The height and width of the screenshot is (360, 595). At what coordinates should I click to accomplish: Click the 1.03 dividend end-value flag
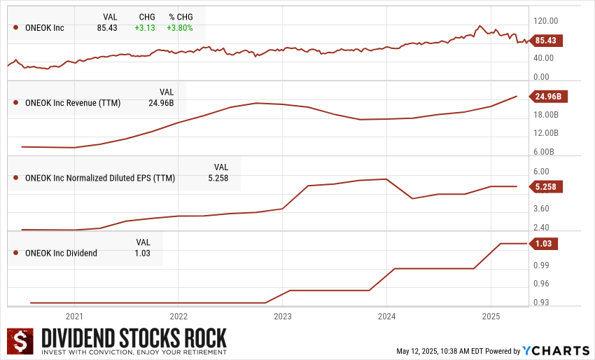click(543, 244)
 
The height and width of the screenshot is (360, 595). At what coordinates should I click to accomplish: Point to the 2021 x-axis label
click(74, 316)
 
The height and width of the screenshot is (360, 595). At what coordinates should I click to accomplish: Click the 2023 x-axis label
click(282, 316)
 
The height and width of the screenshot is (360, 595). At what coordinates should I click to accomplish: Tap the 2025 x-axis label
click(491, 316)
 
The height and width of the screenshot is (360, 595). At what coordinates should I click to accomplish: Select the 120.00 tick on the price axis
click(546, 21)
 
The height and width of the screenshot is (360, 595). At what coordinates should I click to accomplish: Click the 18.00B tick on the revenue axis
click(547, 114)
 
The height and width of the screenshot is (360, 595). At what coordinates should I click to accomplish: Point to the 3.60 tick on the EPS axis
click(541, 209)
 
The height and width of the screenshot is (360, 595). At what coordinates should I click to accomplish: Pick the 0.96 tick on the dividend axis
click(540, 284)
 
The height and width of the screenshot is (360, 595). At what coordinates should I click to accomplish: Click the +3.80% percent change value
click(179, 28)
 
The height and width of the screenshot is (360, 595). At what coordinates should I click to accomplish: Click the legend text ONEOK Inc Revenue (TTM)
click(73, 104)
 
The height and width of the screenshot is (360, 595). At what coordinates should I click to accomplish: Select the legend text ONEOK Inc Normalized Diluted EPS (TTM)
click(100, 178)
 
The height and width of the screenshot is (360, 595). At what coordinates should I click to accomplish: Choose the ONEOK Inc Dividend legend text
click(61, 253)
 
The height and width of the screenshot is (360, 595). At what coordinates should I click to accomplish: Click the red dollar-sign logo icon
click(21, 342)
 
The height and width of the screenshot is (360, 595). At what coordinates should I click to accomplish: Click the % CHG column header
click(181, 16)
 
